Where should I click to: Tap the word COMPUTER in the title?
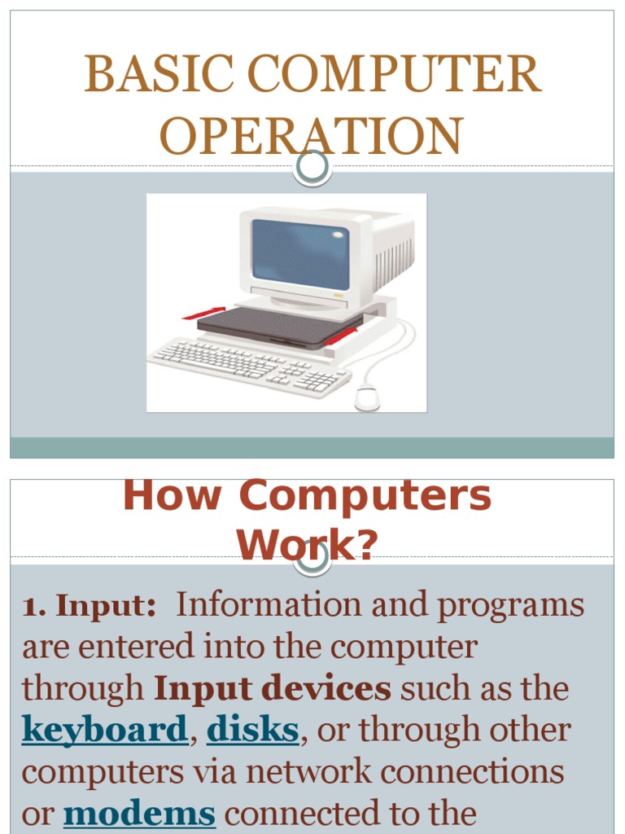tap(395, 76)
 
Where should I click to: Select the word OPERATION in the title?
tap(312, 136)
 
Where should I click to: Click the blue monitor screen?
tap(299, 254)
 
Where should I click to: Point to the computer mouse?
tap(367, 397)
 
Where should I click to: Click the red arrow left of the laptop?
tap(203, 312)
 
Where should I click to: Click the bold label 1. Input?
tap(90, 607)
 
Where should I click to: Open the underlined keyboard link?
tap(105, 731)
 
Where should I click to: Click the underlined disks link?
tap(253, 731)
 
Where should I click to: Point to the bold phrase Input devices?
tap(273, 689)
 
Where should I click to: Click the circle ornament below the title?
tap(312, 167)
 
